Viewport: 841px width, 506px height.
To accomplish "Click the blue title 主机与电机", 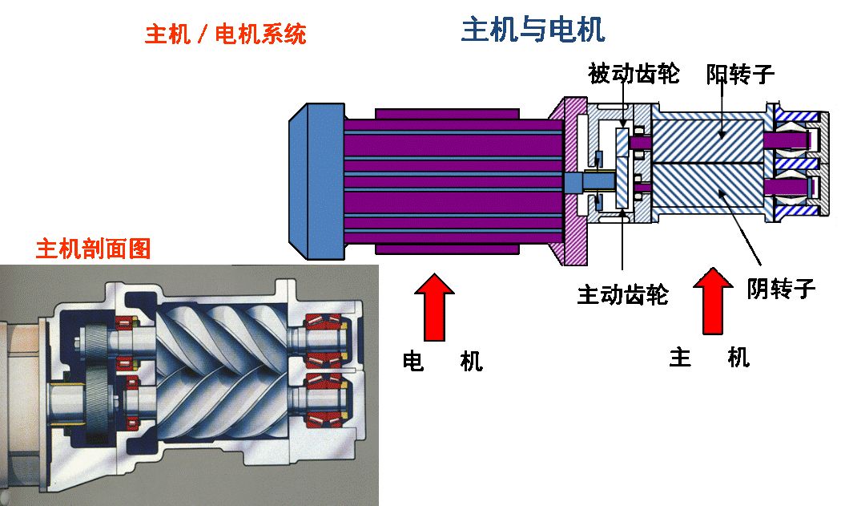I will (x=533, y=30).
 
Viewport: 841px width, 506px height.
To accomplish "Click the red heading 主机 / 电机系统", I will (x=225, y=34).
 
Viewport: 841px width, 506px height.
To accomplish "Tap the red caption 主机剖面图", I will (x=93, y=249).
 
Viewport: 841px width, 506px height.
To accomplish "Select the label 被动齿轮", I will (x=634, y=75).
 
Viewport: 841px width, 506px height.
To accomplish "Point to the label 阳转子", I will (x=741, y=75).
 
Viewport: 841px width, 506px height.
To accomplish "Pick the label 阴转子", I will (x=781, y=288).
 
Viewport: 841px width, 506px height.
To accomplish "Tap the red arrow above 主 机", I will (x=712, y=301).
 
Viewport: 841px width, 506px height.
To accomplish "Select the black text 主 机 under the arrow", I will (x=709, y=358).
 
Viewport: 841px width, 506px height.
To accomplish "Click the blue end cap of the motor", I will (x=316, y=183).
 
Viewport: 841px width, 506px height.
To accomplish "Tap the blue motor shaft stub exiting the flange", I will (x=575, y=183).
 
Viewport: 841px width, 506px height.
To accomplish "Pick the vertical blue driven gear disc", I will (x=622, y=168).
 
